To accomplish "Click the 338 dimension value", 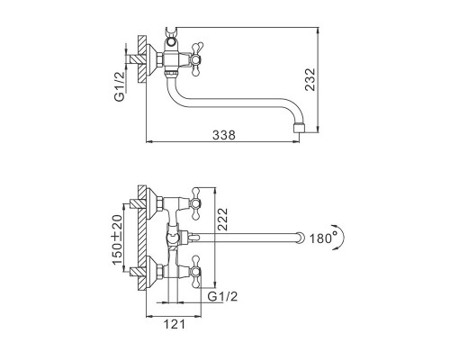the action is click(x=224, y=135).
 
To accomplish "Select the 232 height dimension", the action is click(x=310, y=79).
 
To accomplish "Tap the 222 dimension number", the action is click(x=222, y=219).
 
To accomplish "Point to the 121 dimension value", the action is click(x=175, y=324).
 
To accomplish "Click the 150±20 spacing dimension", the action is click(x=118, y=239).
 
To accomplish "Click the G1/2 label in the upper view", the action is click(x=120, y=86).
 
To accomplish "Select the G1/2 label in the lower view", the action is click(x=222, y=296).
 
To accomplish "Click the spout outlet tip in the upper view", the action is click(x=300, y=127).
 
